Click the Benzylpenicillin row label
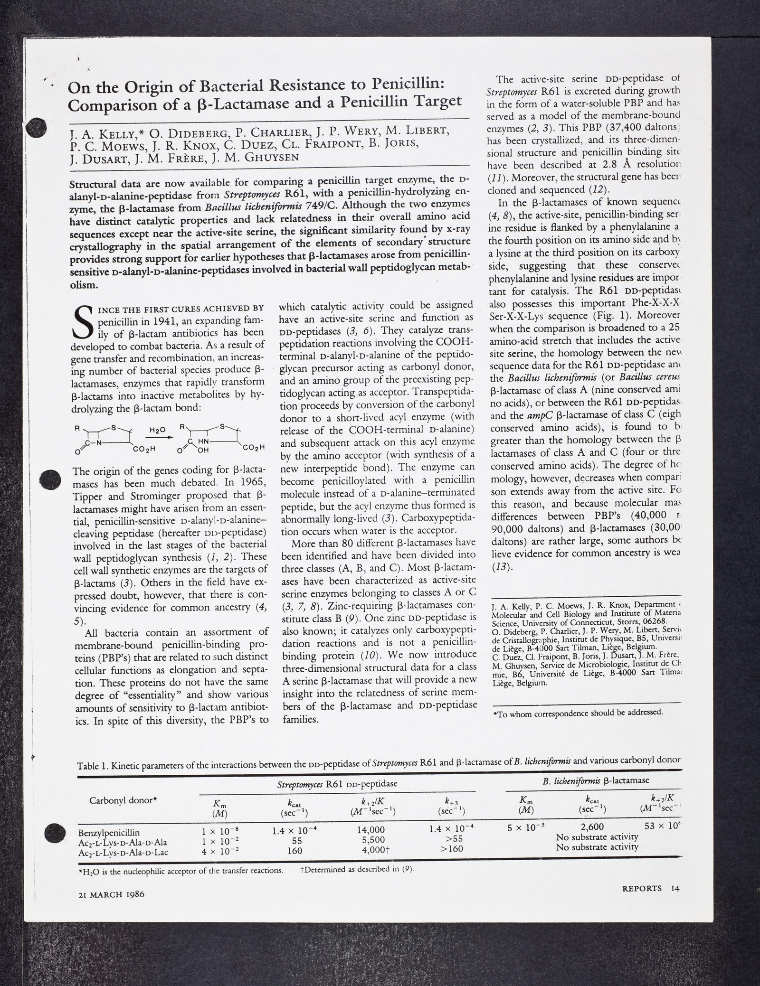click(109, 832)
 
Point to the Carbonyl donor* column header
click(123, 799)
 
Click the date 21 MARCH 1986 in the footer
click(111, 893)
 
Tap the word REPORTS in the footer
click(641, 889)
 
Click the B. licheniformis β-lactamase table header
click(596, 779)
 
